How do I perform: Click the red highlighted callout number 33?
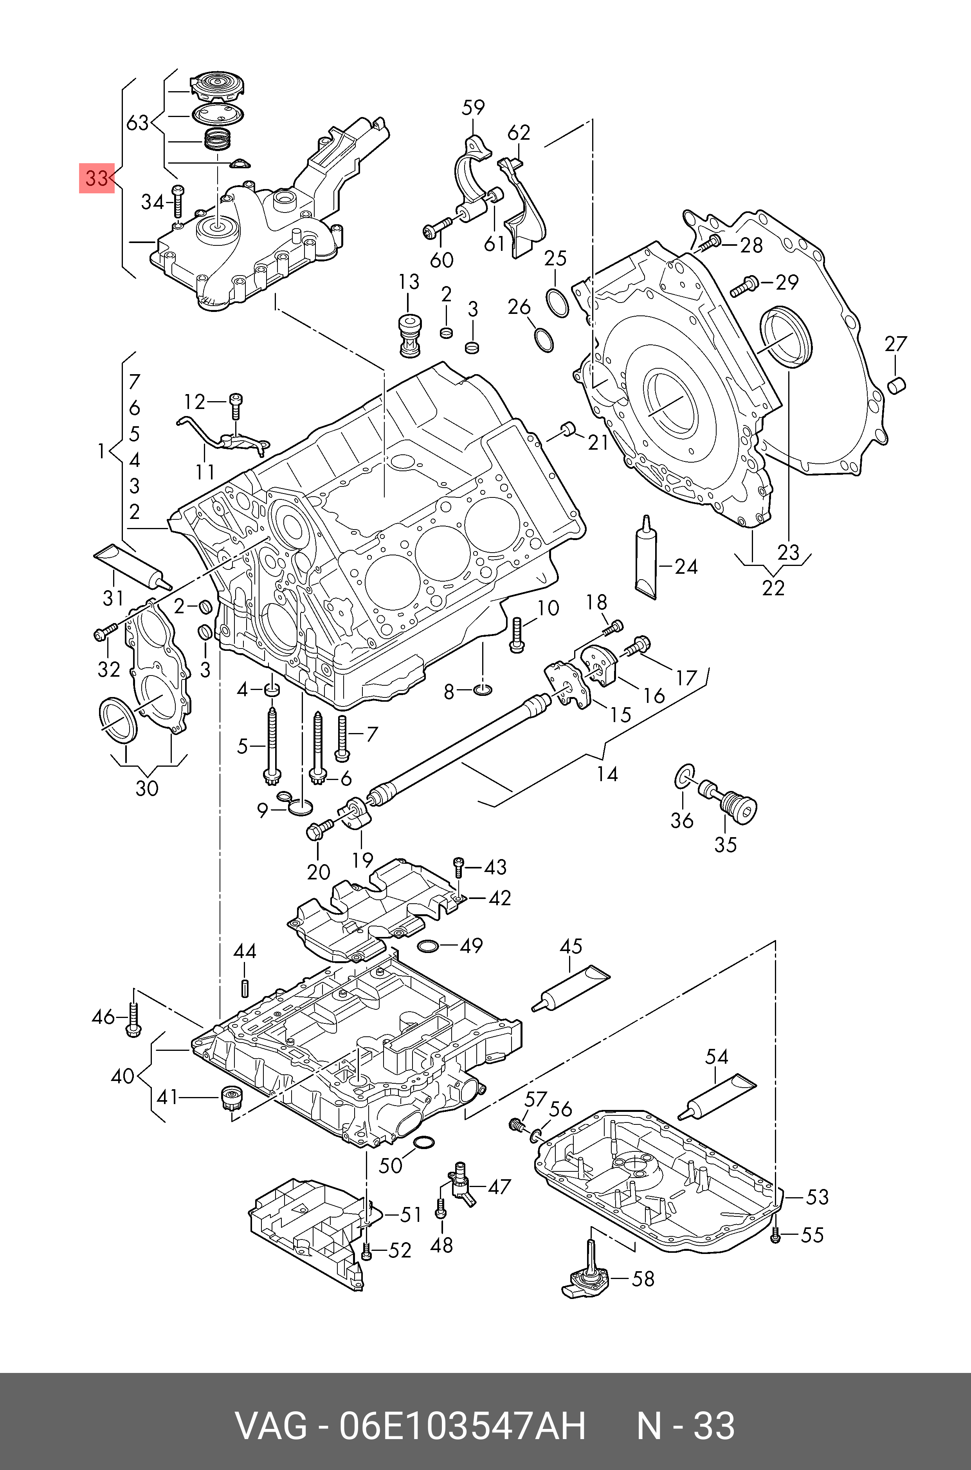pos(97,178)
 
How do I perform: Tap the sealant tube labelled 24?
pos(647,560)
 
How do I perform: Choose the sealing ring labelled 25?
pos(557,302)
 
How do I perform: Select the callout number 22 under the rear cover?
pos(773,587)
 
